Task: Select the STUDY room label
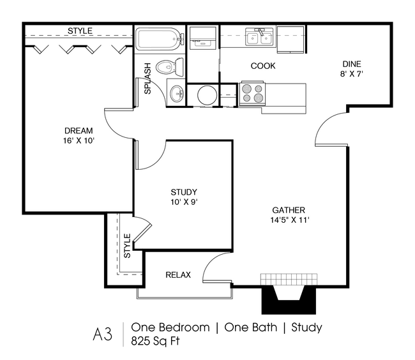[x=183, y=192]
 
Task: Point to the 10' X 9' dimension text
[x=183, y=202]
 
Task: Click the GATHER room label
[x=289, y=210]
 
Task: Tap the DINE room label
[x=352, y=63]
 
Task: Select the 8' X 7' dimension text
[x=352, y=73]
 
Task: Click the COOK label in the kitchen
[x=262, y=66]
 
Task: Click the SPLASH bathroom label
[x=147, y=79]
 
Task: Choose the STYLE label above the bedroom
[x=80, y=31]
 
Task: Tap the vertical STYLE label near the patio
[x=126, y=246]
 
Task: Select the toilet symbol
[x=170, y=65]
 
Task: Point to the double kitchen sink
[x=260, y=38]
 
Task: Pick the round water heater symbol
[x=206, y=95]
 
